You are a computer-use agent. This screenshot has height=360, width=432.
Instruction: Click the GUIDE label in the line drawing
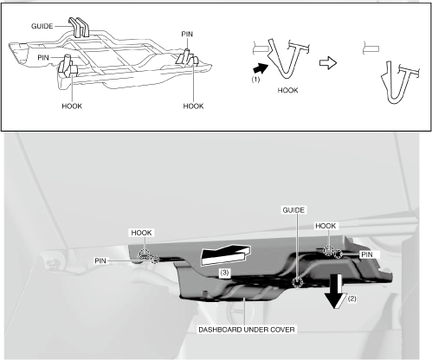coord(42,26)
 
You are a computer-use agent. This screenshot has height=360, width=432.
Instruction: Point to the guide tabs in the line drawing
coord(79,28)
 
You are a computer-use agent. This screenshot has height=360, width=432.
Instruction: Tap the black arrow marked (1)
coord(261,69)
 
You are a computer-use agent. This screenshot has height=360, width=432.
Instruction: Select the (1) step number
coord(255,80)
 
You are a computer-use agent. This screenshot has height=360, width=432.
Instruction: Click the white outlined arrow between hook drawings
coord(328,62)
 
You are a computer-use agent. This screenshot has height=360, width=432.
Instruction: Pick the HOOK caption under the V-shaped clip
coord(287,90)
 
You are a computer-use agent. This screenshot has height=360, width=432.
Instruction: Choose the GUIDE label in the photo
coord(293,210)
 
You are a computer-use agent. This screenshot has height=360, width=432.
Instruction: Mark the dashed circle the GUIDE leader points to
coord(297,283)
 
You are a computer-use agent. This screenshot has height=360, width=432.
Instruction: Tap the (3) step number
coord(224,273)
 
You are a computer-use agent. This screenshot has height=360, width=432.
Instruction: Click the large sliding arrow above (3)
coord(226,254)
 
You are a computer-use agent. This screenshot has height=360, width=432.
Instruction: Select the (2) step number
coord(351,299)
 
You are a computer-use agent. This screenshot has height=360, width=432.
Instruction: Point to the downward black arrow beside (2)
coord(336,292)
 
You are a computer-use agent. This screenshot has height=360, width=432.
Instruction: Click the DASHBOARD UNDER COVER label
coord(247,330)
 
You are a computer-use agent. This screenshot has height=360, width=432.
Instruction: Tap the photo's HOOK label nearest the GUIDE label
coord(326,226)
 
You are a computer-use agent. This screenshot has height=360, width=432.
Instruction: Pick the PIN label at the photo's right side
coord(367,254)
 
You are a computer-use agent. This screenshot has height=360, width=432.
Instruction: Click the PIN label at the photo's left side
coord(100,260)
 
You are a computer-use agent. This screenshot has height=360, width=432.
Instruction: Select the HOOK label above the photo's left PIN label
coord(141,233)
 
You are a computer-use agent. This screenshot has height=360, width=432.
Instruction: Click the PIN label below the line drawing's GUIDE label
coord(43,58)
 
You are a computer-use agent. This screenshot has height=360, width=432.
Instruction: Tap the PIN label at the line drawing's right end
coord(187,34)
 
